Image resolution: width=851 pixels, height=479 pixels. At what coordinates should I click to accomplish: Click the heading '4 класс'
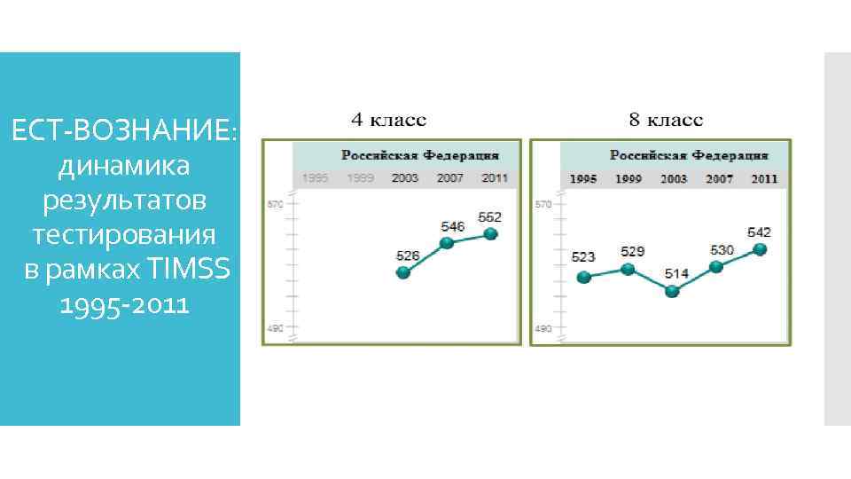coord(389,119)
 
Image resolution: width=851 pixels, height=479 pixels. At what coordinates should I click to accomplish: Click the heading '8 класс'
coord(666,119)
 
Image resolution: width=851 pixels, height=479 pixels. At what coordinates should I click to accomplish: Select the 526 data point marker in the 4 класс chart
coord(403,273)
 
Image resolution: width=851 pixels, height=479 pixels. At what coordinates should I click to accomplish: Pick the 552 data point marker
coord(492,233)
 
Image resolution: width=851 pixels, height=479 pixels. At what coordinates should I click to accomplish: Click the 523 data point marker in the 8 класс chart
coord(583,277)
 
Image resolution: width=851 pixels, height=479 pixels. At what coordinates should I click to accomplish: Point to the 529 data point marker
coord(628,269)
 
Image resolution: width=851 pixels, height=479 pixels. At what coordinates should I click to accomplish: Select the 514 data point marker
coord(672,291)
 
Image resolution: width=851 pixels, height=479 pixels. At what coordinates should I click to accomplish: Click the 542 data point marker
coord(759,249)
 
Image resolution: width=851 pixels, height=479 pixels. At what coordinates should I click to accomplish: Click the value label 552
coord(489,216)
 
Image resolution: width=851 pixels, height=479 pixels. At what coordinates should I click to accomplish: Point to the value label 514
coord(676,274)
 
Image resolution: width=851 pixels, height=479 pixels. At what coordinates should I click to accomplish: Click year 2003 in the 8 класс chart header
coord(673,178)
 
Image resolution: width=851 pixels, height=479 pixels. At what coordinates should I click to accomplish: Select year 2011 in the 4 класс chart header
coord(495,177)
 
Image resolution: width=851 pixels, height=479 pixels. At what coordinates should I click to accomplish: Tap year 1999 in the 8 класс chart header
coord(628,178)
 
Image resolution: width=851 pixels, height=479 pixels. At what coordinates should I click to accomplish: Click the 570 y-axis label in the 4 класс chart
coord(274,205)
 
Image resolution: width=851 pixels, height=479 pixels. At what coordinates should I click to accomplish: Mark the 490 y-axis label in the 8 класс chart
coord(542,329)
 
